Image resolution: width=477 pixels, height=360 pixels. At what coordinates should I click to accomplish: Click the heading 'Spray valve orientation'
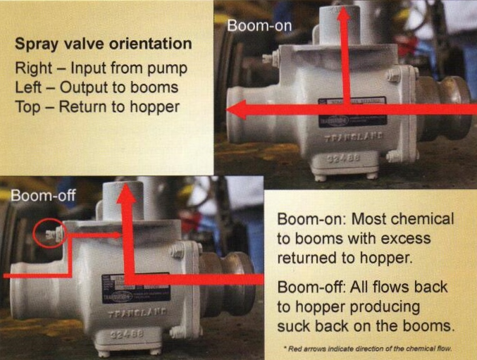click(x=104, y=44)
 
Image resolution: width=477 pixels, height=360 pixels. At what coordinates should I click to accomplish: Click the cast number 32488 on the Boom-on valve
click(x=342, y=159)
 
